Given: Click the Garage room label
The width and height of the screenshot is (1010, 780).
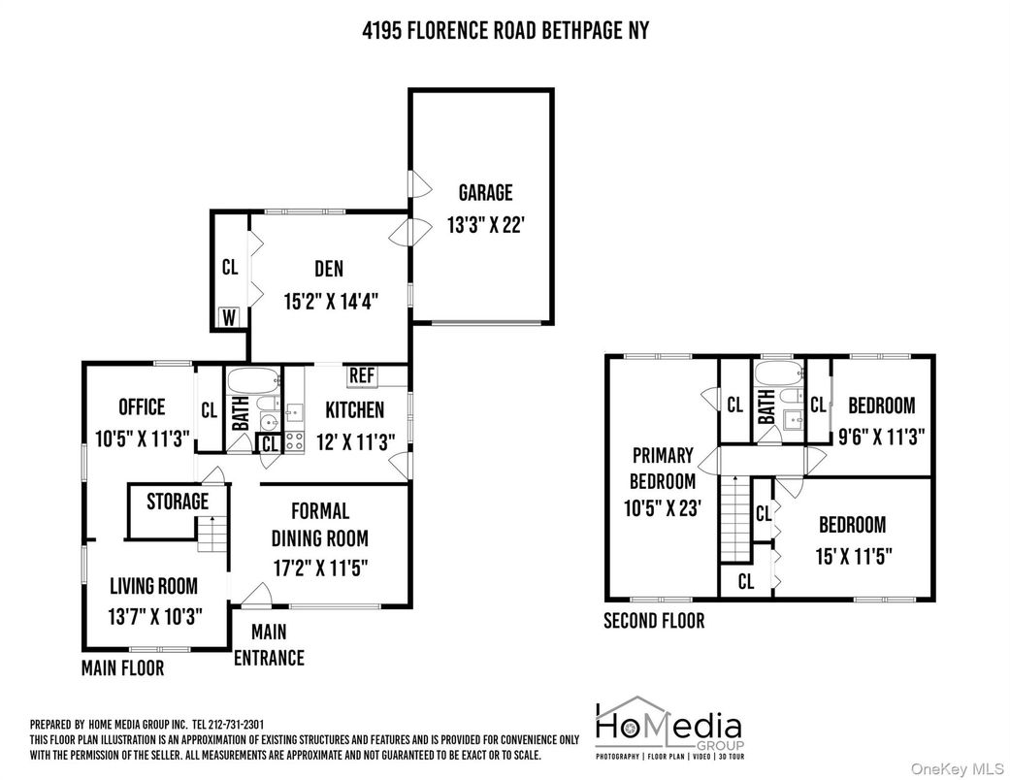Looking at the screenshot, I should tap(485, 193).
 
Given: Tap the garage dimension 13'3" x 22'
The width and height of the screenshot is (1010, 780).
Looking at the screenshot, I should tap(485, 226).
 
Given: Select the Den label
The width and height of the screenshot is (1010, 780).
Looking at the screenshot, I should tap(328, 269).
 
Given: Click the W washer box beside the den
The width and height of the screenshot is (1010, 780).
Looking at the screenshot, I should tap(229, 317).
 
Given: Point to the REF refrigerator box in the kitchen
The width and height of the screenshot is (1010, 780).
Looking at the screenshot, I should tap(362, 375).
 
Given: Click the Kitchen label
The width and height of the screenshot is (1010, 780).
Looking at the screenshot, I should tap(354, 409).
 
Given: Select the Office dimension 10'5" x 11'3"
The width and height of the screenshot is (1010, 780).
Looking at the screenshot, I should tap(141, 438).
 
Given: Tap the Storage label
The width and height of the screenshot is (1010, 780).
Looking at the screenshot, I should tap(178, 502).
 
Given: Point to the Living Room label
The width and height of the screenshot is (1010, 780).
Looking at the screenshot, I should tap(153, 585).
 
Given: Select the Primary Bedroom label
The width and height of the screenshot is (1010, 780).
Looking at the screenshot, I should tap(663, 468).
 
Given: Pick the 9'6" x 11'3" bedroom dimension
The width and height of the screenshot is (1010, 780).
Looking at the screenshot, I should tap(881, 437).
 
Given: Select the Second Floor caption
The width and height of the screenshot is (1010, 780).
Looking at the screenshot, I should tap(654, 621).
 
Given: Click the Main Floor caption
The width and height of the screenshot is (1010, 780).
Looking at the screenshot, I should tap(122, 668).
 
